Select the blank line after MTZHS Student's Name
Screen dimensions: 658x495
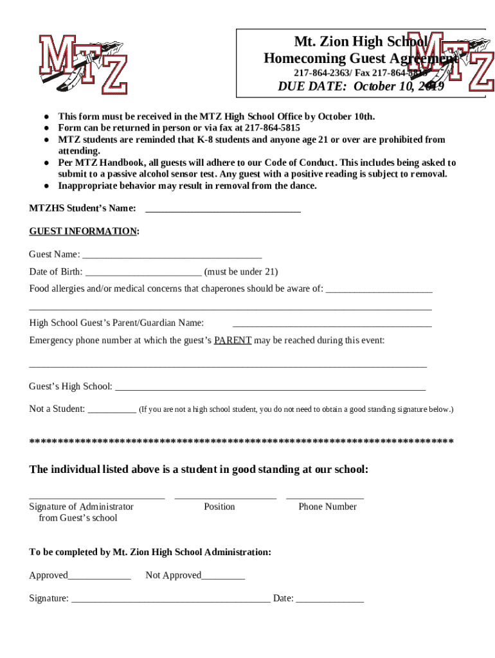click(x=223, y=209)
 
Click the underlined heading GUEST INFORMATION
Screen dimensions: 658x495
click(x=83, y=231)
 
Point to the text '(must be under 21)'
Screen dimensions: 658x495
click(x=241, y=272)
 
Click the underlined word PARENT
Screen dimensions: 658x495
click(x=233, y=341)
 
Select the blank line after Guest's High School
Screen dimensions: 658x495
click(x=270, y=387)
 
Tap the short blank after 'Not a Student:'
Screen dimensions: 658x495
click(x=111, y=410)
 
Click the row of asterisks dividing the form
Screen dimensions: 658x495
click(x=242, y=441)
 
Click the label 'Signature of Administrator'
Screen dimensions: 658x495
click(x=82, y=506)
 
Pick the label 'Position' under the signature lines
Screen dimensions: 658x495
click(x=219, y=506)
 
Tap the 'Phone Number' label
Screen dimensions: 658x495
click(x=327, y=506)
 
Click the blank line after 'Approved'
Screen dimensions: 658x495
click(x=99, y=576)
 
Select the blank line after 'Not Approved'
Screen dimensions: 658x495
click(x=223, y=576)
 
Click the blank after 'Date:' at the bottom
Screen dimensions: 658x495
click(x=330, y=600)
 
